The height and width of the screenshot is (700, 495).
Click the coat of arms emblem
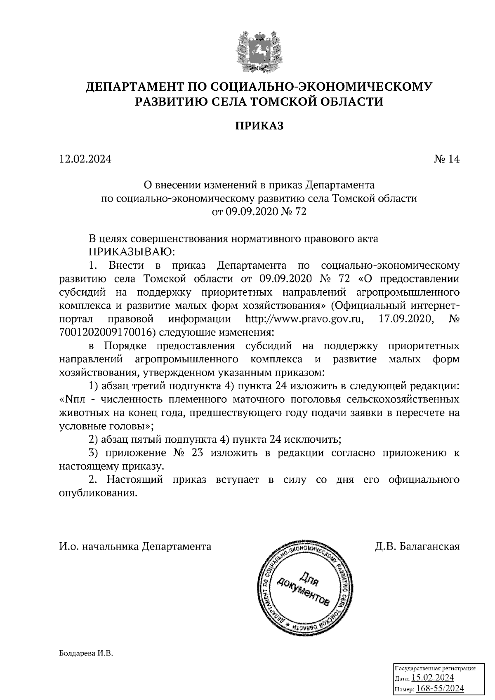tap(259, 49)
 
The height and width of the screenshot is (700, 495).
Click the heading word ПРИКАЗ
tap(259, 126)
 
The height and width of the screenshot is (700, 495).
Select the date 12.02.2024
tap(85, 159)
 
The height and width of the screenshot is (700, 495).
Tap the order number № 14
tap(446, 159)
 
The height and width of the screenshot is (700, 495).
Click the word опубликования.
tap(98, 493)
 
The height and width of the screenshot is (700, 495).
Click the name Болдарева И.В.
tap(86, 653)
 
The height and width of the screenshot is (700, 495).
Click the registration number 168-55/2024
tap(440, 688)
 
